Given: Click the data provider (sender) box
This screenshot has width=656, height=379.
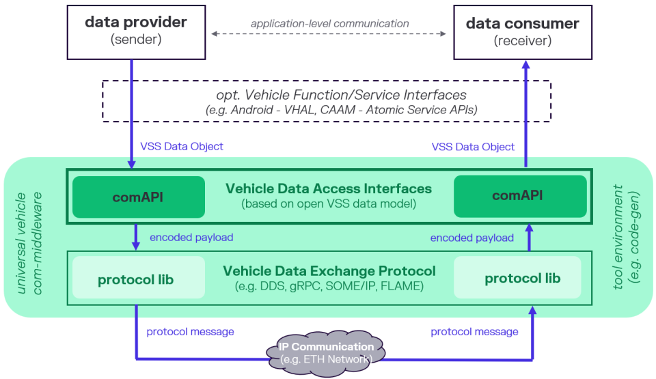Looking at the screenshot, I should [135, 31].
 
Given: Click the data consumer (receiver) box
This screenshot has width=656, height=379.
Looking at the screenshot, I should [522, 31].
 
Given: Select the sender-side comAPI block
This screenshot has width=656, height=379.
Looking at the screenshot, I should [139, 197].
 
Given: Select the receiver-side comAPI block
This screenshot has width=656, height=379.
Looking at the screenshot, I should [520, 196].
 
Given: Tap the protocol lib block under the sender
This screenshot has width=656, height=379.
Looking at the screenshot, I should [138, 278].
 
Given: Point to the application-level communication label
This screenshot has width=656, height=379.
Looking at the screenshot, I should [329, 23].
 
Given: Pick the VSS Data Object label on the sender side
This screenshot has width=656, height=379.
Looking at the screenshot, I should [182, 146].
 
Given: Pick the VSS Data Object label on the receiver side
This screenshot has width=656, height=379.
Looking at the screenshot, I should [473, 147].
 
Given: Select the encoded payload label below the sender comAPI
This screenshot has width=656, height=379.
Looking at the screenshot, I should [191, 238].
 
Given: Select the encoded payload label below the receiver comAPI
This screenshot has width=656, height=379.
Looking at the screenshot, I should [471, 238].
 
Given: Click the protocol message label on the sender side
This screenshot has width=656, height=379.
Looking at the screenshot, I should [190, 332].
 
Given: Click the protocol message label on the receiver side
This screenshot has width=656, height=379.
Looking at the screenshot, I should [474, 332].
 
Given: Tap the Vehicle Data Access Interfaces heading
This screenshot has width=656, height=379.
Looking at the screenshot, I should [329, 188].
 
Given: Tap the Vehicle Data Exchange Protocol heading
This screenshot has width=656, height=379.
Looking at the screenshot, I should [329, 271].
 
